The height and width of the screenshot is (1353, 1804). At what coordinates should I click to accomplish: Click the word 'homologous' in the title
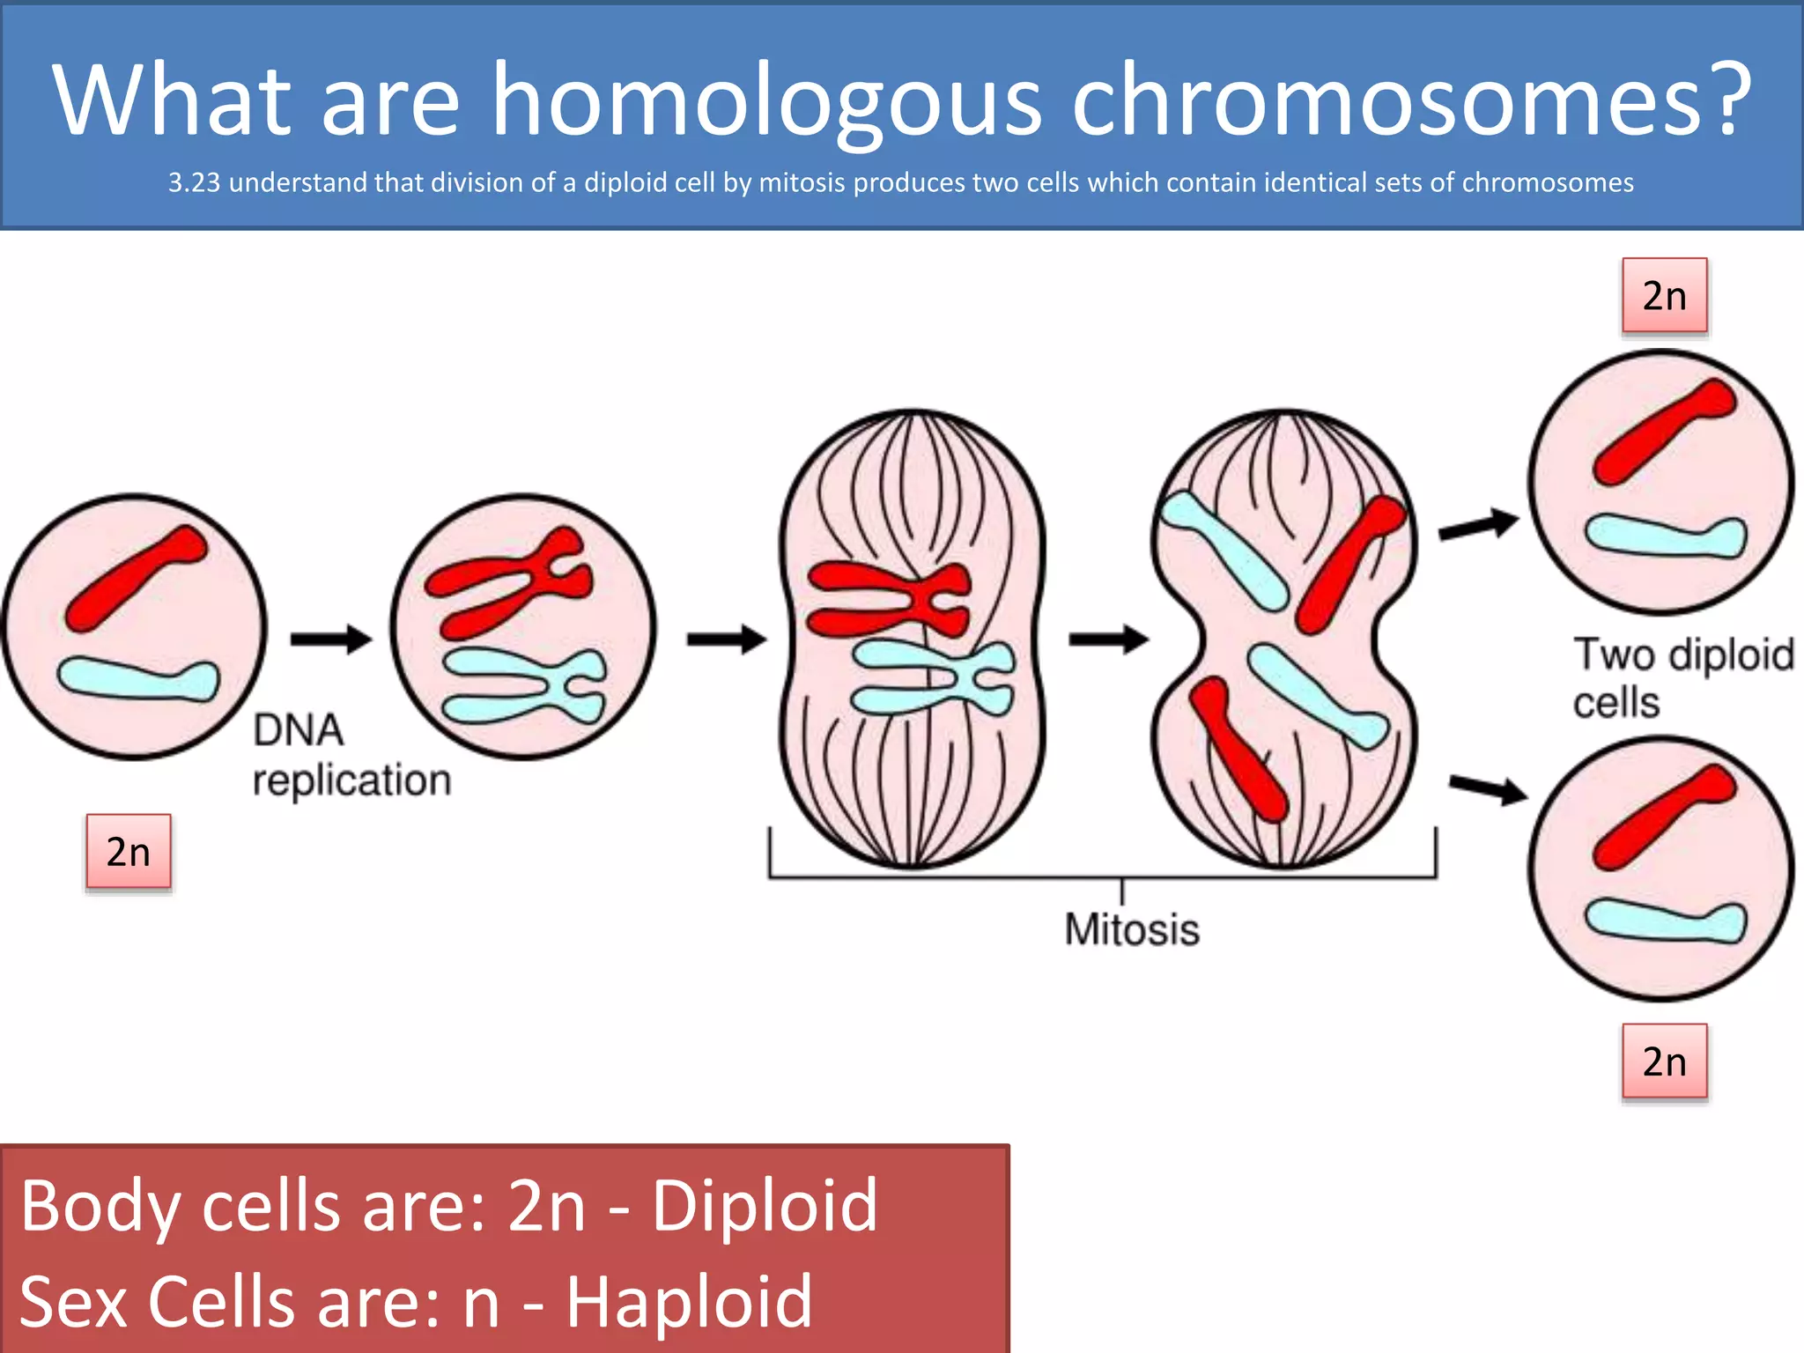765,101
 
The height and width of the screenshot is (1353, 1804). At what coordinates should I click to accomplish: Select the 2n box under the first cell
129,852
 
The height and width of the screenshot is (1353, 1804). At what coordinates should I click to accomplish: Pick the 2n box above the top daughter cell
1664,296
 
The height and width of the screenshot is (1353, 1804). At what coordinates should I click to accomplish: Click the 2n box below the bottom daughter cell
1664,1061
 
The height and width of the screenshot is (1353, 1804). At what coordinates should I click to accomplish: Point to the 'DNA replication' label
351,756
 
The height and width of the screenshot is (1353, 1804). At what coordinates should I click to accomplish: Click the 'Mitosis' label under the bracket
1132,929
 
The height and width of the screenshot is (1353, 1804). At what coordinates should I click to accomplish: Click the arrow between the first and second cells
330,639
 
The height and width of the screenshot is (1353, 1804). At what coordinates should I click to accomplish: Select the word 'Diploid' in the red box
764,1205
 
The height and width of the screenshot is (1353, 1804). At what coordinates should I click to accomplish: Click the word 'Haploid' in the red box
688,1301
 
